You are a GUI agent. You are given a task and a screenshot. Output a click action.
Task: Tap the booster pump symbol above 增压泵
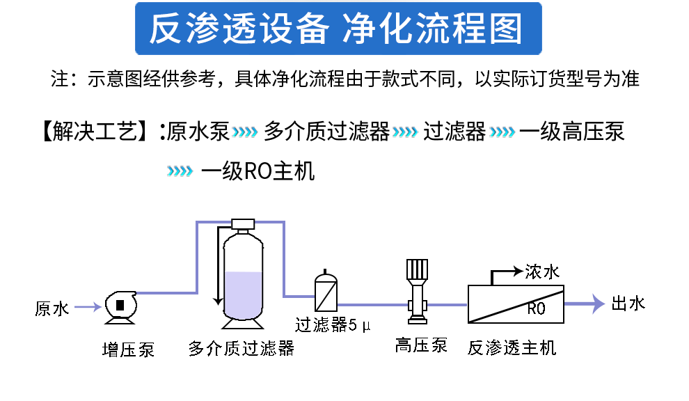click(120, 305)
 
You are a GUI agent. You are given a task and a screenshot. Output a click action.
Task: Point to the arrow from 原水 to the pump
click(88, 306)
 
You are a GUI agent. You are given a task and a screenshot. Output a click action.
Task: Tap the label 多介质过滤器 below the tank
click(241, 348)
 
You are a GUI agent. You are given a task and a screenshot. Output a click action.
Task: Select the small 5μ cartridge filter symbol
click(325, 292)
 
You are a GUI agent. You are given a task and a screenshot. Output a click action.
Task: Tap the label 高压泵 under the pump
click(421, 345)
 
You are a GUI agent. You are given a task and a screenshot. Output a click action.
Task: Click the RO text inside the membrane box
click(536, 308)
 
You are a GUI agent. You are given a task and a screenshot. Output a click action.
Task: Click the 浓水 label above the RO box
click(543, 272)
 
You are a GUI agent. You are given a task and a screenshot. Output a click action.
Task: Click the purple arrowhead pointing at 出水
click(598, 304)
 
